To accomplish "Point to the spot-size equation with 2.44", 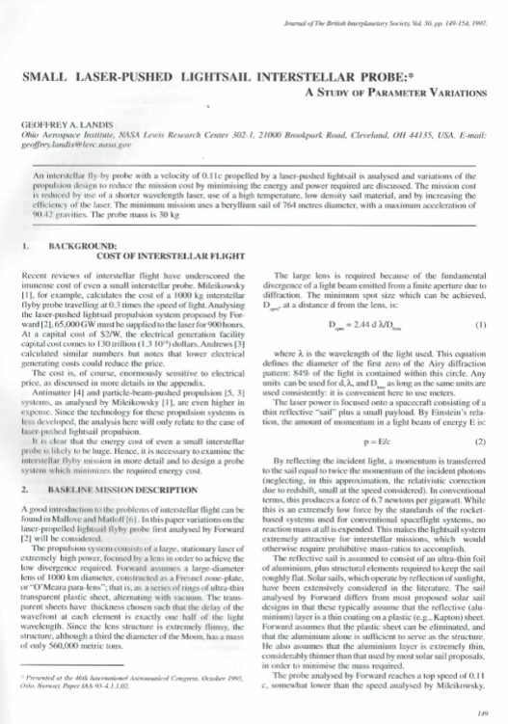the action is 367,325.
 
